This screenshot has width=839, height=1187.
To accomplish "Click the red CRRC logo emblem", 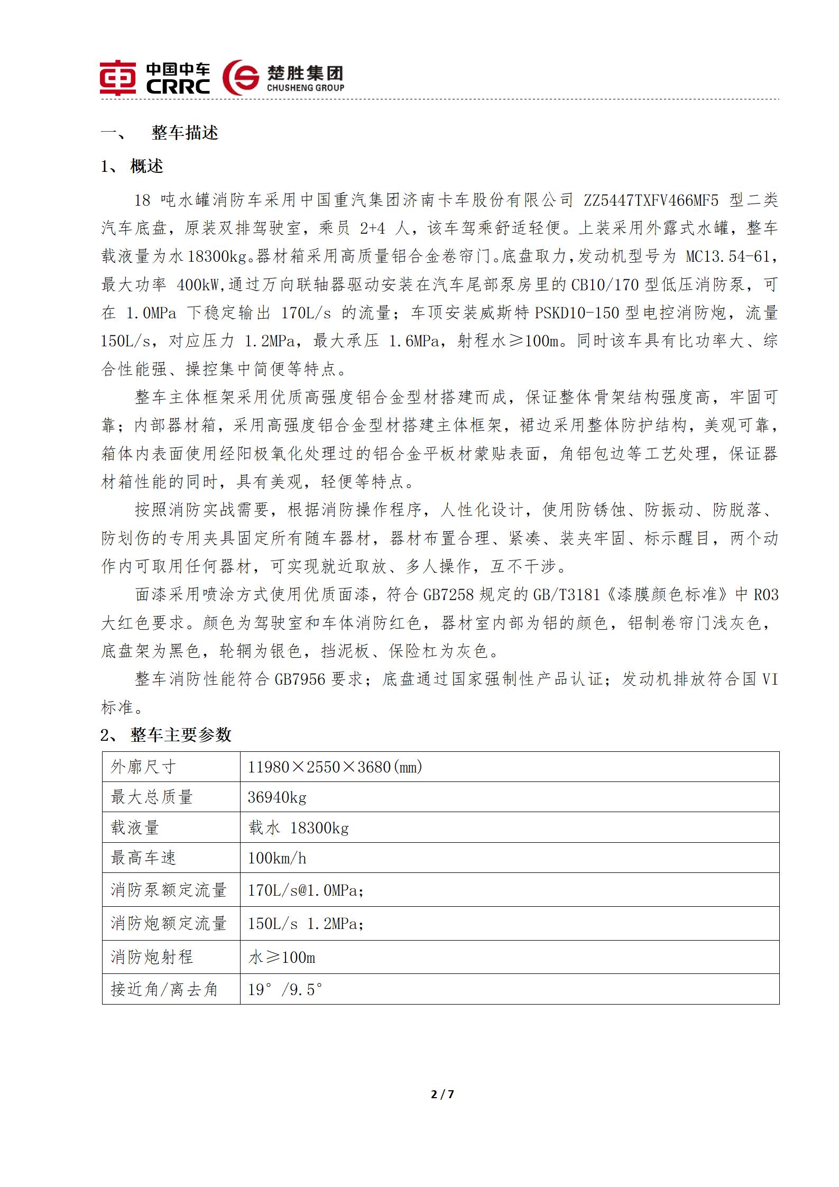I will click(118, 78).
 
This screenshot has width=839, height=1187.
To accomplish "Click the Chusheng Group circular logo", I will click(241, 77).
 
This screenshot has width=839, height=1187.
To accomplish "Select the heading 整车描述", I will click(185, 133).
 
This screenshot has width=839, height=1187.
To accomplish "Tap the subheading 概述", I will click(146, 167).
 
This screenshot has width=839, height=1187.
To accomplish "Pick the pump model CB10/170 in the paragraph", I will click(606, 285).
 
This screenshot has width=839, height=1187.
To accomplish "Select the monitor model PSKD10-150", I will click(577, 313).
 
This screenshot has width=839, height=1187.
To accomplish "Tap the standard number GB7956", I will click(300, 679).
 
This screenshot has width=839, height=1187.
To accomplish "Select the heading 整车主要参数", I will click(181, 735).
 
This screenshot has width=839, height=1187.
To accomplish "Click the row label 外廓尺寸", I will click(143, 767).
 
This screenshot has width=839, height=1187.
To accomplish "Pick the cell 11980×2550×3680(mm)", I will click(335, 767).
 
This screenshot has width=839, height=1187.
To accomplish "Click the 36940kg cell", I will click(277, 797).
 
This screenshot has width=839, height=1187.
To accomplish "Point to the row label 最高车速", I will click(143, 858).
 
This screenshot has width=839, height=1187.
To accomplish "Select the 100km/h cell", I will click(277, 858).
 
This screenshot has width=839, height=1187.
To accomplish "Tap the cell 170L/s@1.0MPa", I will click(306, 890).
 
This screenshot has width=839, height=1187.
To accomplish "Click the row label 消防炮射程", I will click(152, 957).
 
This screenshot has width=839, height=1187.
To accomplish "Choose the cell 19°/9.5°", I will click(285, 989).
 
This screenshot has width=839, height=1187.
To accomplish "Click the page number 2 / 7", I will click(443, 1094).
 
